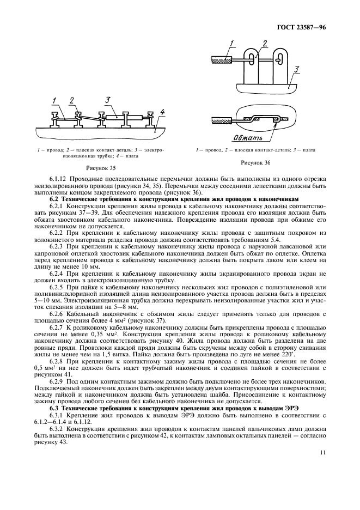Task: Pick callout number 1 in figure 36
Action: coord(231,44)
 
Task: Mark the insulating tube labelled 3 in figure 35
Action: coord(115,117)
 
